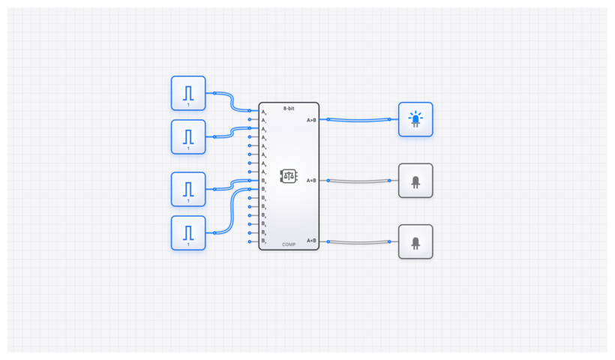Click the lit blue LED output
point(415,119)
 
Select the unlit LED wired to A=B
point(415,181)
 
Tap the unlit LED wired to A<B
point(415,241)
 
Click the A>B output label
point(311,119)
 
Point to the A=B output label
point(311,181)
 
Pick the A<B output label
point(311,241)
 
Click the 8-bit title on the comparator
point(289,109)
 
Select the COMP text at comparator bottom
point(289,244)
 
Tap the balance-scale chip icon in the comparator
point(289,176)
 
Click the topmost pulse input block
point(188,93)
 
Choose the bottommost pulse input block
point(188,233)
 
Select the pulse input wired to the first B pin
point(188,189)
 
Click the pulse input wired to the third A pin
point(188,136)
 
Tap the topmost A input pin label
point(264,112)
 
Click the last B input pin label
point(264,241)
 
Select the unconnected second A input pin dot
point(250,120)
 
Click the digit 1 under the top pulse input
point(188,106)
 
